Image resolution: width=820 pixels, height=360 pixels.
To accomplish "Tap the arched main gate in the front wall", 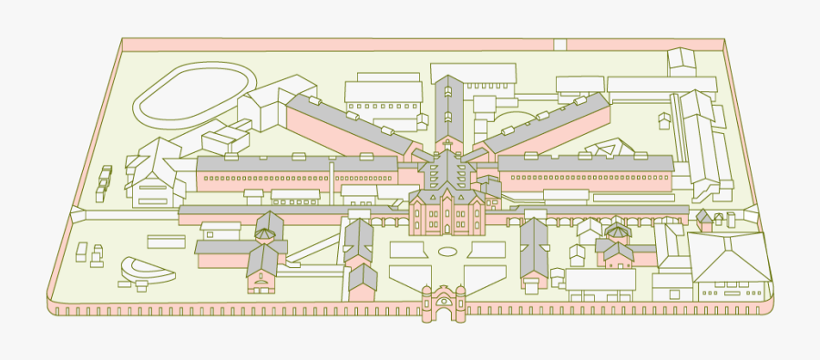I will pos(444,303).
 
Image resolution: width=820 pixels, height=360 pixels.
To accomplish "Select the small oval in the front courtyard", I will pos(447,251).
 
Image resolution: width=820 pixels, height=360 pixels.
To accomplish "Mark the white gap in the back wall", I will pos(560,44).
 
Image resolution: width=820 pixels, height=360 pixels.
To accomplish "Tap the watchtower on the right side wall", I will pos(752,215).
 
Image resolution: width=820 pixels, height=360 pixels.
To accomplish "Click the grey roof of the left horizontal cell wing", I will pos(296,163).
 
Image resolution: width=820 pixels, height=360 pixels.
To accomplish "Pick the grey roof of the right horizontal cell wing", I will pos(583,163).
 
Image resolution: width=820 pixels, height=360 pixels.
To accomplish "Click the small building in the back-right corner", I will pos(681,62).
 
